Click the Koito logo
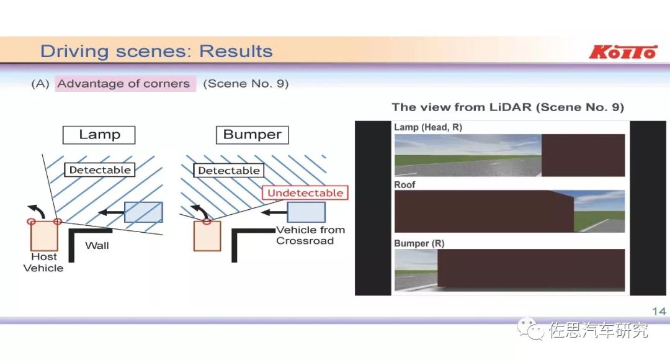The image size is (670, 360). (x=622, y=52)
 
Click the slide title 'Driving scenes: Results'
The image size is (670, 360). (x=156, y=51)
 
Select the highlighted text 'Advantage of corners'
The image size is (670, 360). (x=124, y=84)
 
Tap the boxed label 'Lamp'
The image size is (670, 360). (x=99, y=135)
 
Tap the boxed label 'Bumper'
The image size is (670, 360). (x=252, y=135)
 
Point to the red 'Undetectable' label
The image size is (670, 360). (x=305, y=193)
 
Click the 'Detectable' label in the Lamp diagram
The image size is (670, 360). (x=100, y=169)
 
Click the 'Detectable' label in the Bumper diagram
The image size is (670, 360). (x=228, y=170)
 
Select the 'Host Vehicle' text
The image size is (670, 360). (x=43, y=263)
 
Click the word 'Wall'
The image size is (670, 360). (x=97, y=245)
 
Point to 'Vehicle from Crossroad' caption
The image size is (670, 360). (x=310, y=235)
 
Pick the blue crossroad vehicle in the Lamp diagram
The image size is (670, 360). (x=143, y=212)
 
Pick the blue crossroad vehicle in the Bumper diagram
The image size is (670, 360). (x=306, y=212)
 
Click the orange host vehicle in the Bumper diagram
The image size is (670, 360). (x=207, y=236)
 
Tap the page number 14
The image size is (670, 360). (x=659, y=311)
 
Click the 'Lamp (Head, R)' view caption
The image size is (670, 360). (x=428, y=127)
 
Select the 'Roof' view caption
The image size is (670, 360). (x=404, y=184)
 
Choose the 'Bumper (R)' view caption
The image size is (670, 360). (x=419, y=243)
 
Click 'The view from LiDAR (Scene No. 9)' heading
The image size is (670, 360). (x=507, y=107)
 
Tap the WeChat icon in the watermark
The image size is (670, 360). (x=530, y=329)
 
